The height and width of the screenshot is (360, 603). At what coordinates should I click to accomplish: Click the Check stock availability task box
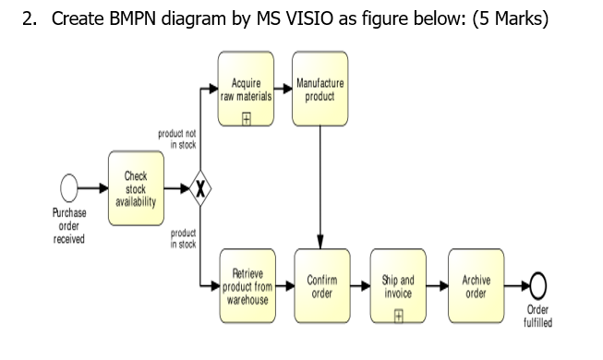pos(136,188)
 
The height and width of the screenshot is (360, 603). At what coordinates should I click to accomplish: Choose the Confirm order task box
pos(321,287)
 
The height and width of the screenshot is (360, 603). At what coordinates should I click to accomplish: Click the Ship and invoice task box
pos(398,287)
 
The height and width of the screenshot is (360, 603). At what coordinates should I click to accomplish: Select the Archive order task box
pos(476,287)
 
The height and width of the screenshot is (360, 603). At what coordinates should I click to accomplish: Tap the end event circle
pos(537,286)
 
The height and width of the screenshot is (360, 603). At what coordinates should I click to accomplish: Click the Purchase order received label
pos(69,226)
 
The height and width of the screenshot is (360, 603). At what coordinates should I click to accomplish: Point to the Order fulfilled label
pos(537,317)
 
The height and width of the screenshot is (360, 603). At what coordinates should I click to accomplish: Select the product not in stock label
pos(176,139)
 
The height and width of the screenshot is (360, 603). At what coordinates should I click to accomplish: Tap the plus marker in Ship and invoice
pos(398,313)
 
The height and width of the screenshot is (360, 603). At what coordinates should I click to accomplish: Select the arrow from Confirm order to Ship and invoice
pos(359,286)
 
